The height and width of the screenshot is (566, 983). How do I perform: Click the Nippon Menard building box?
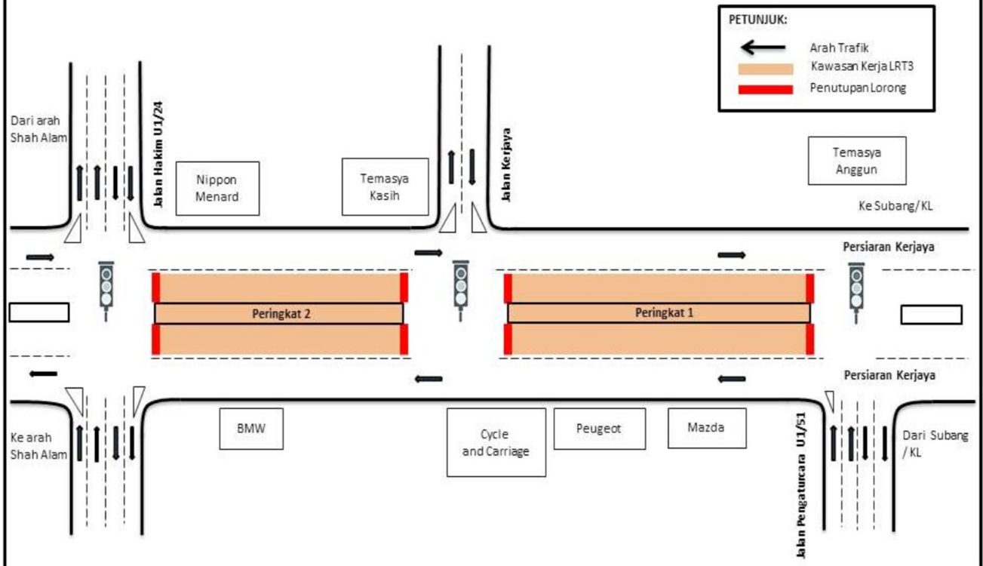coord(217,188)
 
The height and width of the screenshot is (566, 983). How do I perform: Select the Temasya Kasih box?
coord(384,186)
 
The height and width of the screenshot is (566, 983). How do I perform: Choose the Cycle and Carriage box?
coord(496,442)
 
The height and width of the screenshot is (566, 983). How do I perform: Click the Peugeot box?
coord(600,428)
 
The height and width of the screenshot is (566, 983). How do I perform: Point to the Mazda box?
coord(706,427)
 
